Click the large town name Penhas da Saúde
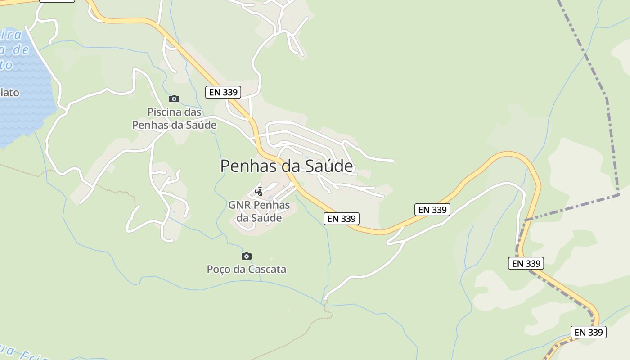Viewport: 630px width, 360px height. coord(287,166)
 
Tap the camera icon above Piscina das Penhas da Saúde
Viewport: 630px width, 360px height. coord(174,99)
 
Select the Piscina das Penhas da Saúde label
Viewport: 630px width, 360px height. coord(174,118)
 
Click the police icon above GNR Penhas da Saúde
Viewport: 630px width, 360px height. coord(259,192)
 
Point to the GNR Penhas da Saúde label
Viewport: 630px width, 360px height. coord(259,211)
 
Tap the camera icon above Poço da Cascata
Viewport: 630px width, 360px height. coord(246,256)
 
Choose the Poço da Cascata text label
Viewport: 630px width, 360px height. coord(246,269)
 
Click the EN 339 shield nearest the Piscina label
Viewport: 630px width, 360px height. coord(224,92)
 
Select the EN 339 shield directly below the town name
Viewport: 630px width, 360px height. coord(342,219)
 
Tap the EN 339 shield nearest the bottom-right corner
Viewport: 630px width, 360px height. coord(589,332)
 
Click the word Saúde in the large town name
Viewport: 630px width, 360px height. coord(330,166)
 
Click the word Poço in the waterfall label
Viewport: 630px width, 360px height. coord(218,269)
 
